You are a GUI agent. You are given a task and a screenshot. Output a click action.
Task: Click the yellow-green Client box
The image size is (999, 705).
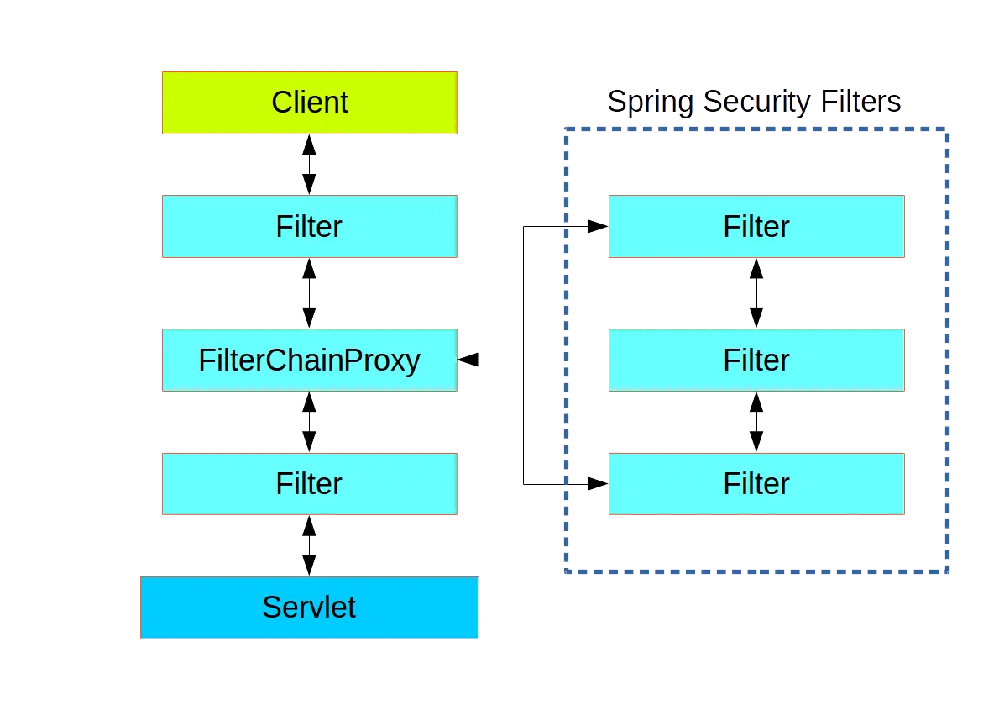[309, 103]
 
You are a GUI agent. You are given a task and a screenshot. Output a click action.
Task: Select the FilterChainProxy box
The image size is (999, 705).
[309, 360]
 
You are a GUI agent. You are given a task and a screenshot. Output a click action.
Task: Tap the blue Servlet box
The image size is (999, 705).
[309, 607]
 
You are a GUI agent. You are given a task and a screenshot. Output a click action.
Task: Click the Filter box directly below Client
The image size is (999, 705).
[309, 227]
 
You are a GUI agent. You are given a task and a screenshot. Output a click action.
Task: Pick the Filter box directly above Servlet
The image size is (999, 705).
[309, 483]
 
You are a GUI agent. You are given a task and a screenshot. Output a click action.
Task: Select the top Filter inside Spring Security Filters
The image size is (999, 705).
[756, 227]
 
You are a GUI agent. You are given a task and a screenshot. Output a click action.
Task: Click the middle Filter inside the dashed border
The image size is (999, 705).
[756, 360]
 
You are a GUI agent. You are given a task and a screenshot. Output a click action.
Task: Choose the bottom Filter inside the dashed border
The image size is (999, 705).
[756, 483]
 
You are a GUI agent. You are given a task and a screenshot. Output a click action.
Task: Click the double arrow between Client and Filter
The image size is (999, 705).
[309, 165]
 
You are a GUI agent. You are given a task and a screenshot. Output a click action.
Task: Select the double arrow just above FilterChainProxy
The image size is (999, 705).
[309, 292]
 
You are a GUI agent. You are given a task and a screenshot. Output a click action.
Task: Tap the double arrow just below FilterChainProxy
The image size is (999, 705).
[309, 422]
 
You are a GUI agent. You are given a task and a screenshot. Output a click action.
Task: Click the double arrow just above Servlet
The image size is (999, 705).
[309, 546]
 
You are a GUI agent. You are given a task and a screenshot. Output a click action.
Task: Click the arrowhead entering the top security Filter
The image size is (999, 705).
[595, 227]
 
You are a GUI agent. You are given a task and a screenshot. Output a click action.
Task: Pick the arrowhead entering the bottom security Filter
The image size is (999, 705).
[595, 484]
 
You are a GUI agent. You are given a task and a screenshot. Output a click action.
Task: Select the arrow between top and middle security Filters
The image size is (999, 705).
[756, 292]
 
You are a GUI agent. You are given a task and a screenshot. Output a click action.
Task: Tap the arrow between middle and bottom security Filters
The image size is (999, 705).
[756, 422]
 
